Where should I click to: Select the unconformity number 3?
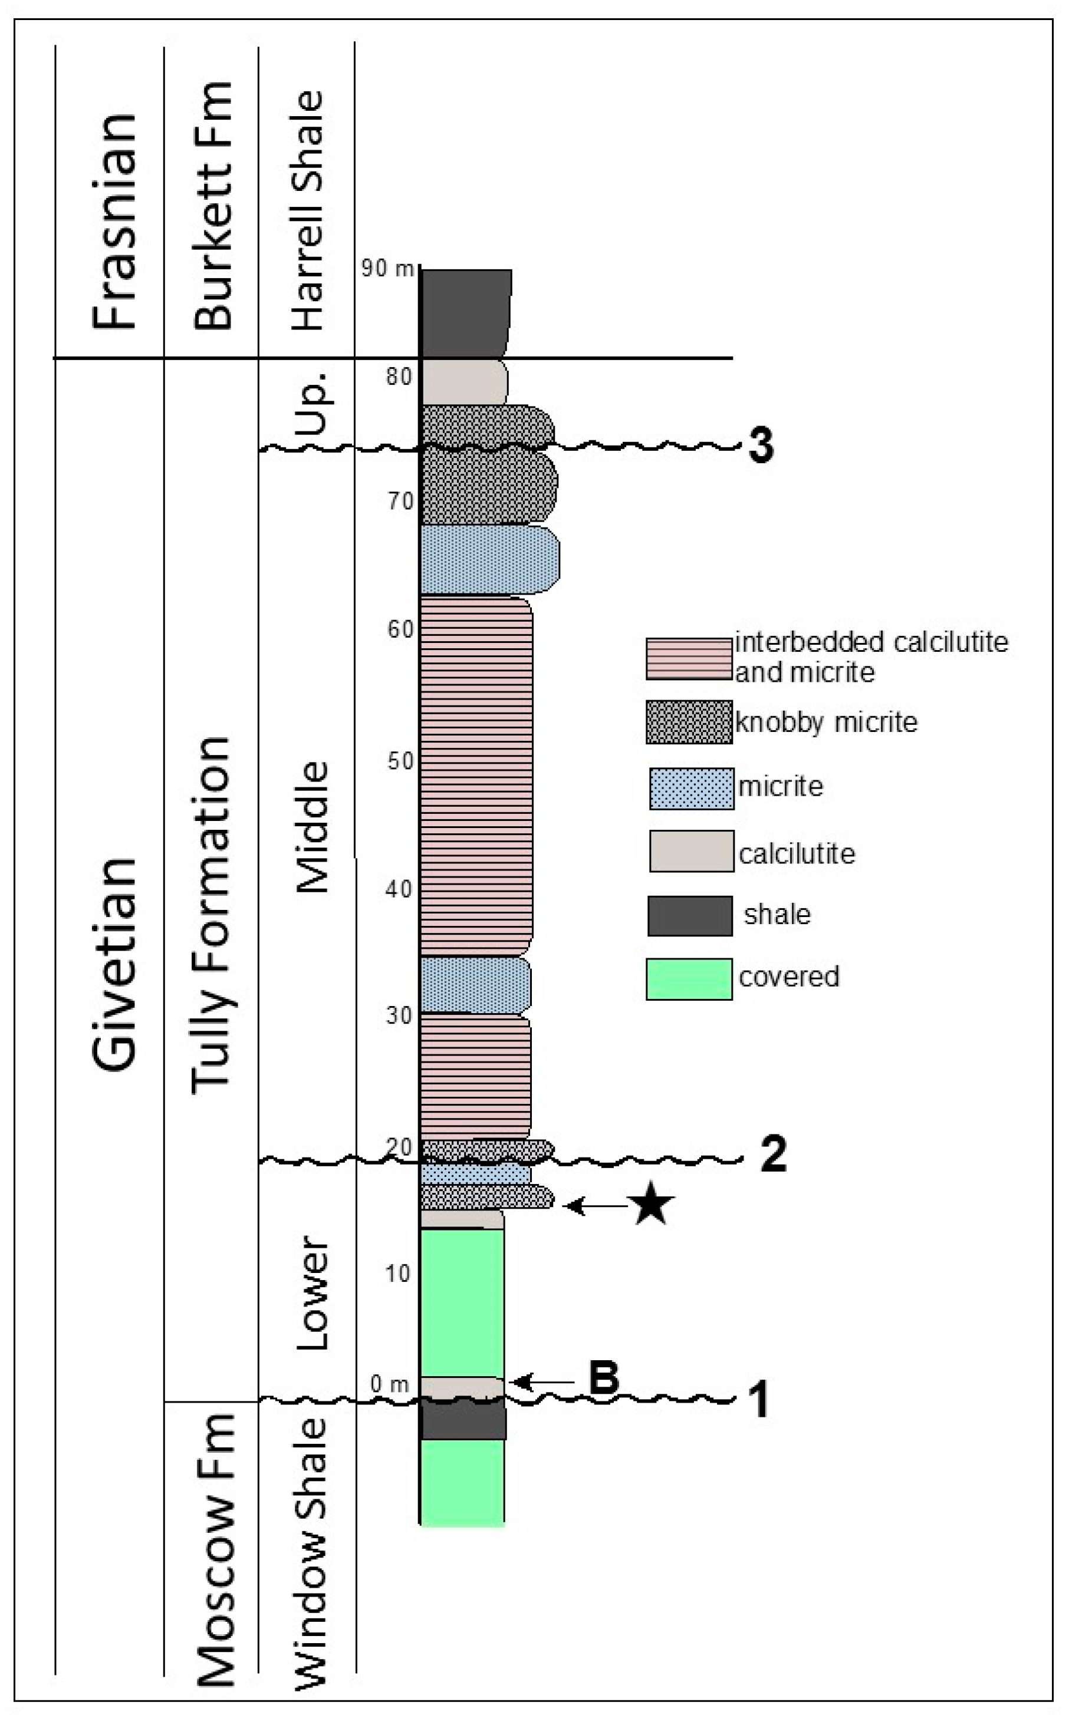click(x=760, y=446)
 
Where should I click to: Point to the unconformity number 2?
click(x=773, y=1154)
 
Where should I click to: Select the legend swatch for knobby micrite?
click(x=689, y=722)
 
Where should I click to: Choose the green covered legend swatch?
click(x=689, y=979)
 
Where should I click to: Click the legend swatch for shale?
click(x=689, y=916)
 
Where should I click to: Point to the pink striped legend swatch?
click(x=689, y=658)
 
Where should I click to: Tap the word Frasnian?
click(x=114, y=221)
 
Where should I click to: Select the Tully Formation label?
click(x=212, y=916)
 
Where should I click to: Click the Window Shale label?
click(x=311, y=1553)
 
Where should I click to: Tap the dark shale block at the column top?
click(x=465, y=312)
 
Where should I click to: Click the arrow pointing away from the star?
click(x=597, y=1206)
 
